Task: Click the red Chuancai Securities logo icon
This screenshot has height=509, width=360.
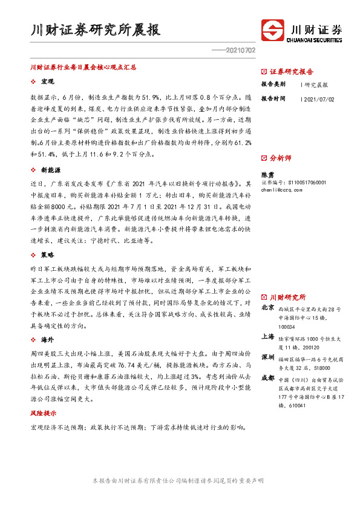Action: click(273, 30)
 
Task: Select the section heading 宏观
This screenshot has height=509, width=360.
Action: click(48, 81)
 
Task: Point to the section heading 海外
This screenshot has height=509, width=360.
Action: click(48, 340)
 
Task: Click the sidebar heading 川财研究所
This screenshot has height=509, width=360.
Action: click(287, 297)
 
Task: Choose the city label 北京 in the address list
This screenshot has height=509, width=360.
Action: click(268, 308)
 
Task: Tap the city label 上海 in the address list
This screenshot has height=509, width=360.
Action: click(268, 337)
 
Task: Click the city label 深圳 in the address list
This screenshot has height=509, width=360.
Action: click(268, 358)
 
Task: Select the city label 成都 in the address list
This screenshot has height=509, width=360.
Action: click(268, 378)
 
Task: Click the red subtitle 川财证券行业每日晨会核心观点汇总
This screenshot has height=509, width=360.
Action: click(83, 68)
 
